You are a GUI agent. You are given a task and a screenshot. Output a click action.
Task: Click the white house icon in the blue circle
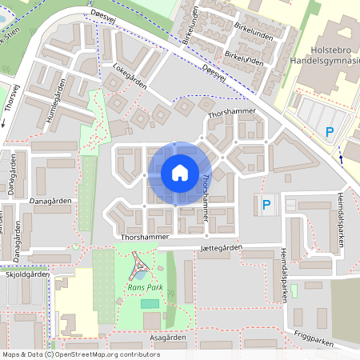[x=179, y=173]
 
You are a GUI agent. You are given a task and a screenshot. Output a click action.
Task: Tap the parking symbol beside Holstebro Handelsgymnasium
[x=329, y=133]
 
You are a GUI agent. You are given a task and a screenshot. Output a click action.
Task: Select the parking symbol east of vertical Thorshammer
[x=266, y=206]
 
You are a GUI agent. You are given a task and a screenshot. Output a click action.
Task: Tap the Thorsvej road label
[x=11, y=102]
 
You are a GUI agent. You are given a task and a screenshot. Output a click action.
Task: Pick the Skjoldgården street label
[x=26, y=273]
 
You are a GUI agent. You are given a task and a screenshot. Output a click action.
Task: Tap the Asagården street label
[x=169, y=338]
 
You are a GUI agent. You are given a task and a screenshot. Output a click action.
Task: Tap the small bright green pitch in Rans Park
[x=150, y=302]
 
